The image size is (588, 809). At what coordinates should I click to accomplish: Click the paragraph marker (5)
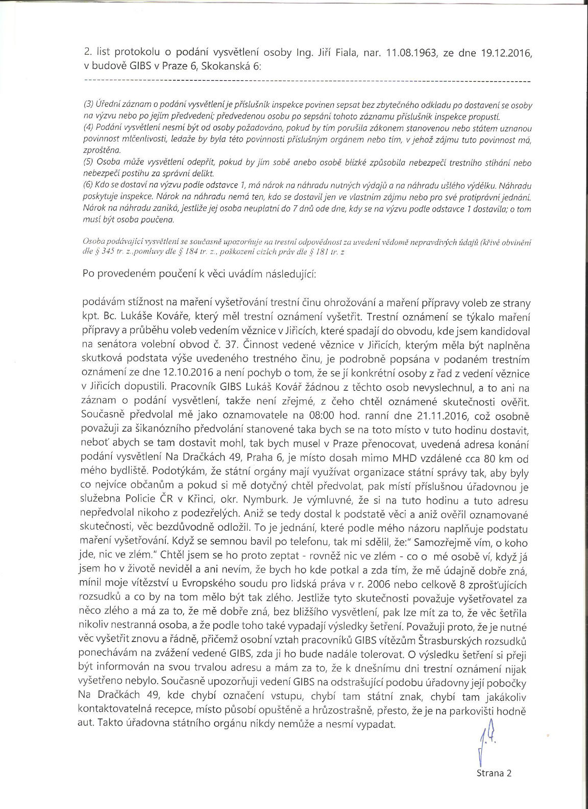[88, 163]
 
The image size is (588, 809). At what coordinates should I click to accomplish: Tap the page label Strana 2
[494, 773]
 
